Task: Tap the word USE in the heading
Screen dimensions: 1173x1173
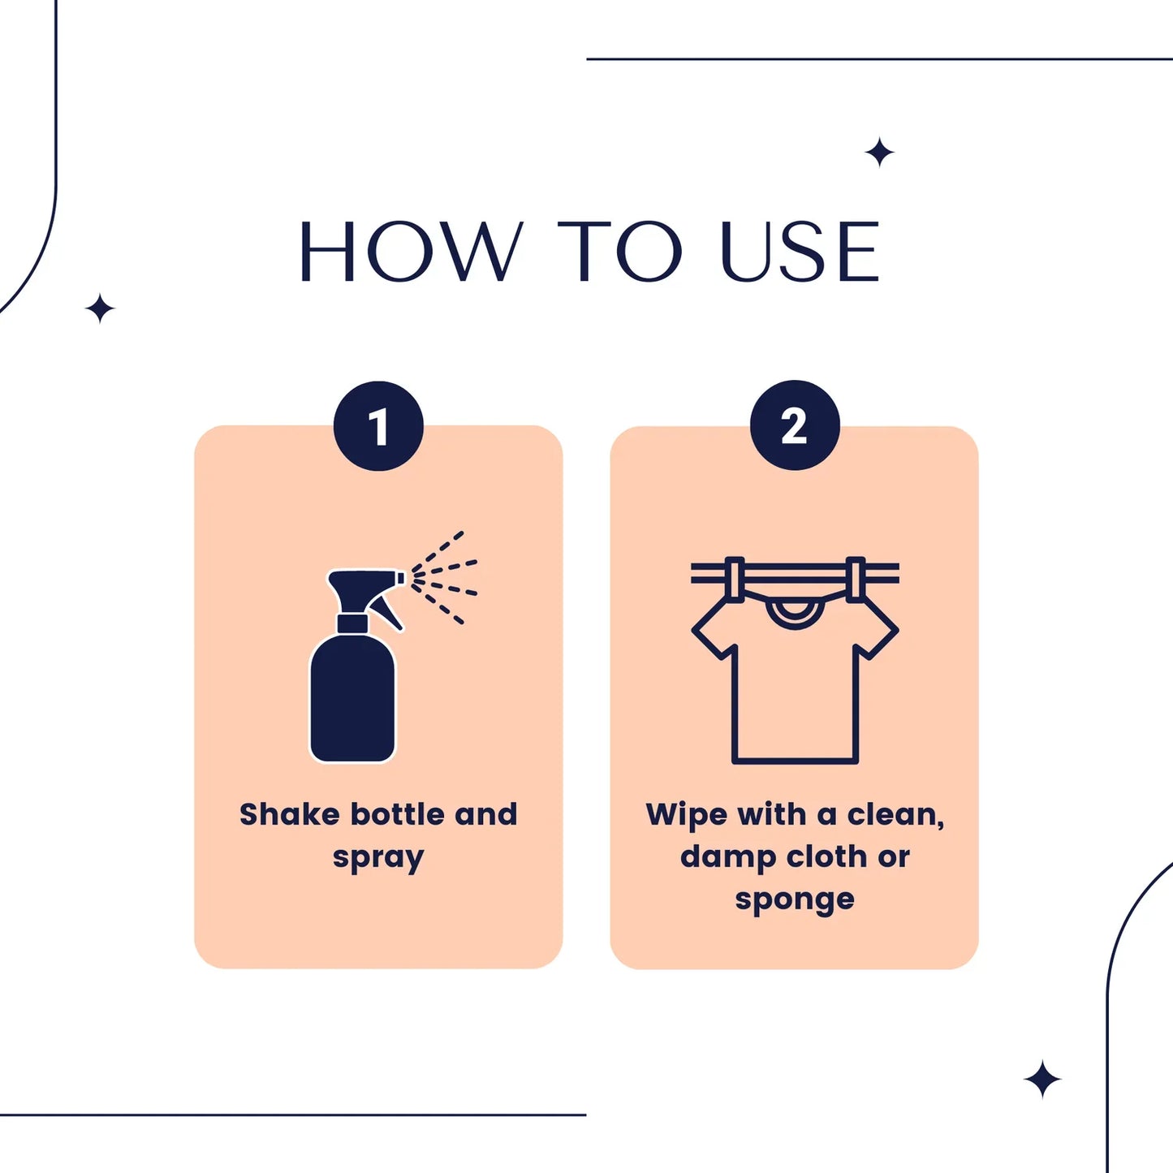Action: (x=800, y=252)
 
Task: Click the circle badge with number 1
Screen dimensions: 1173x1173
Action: (x=378, y=426)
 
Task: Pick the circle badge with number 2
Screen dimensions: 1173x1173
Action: (x=795, y=425)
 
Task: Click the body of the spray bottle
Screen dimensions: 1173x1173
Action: (x=353, y=698)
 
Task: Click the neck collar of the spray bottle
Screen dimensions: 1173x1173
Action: (x=352, y=623)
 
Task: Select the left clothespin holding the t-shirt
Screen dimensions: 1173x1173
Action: (x=734, y=578)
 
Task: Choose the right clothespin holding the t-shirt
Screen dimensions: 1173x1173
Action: (x=856, y=578)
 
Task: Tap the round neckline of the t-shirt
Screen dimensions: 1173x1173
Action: (x=795, y=613)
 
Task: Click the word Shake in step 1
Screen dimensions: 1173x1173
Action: (x=289, y=814)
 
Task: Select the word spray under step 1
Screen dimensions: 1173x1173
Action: (x=378, y=858)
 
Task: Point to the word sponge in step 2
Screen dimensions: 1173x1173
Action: (x=795, y=900)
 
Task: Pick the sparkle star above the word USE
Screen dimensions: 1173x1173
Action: (x=879, y=153)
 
